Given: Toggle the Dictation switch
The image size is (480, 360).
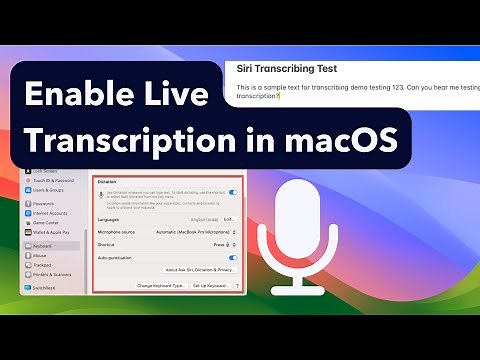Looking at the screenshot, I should pyautogui.click(x=233, y=192).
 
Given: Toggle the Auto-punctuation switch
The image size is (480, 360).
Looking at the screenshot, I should pyautogui.click(x=233, y=257).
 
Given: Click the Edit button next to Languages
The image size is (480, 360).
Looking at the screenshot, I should pyautogui.click(x=230, y=218).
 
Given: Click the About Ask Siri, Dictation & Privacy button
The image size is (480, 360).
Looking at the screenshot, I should pyautogui.click(x=200, y=270).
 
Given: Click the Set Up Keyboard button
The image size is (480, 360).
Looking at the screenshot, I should pyautogui.click(x=211, y=286).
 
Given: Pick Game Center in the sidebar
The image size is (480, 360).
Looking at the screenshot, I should pyautogui.click(x=46, y=221).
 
